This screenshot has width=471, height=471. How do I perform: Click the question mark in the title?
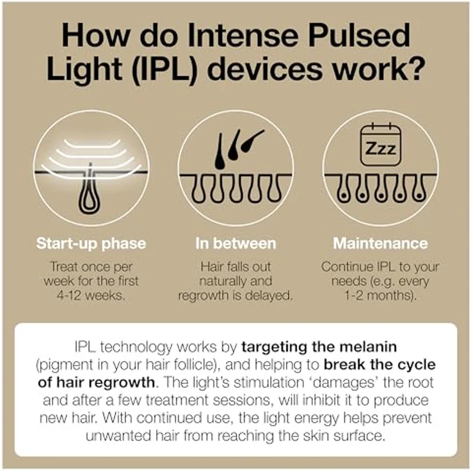point(415,68)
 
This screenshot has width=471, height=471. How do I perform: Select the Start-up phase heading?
point(91,244)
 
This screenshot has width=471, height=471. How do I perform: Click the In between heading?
point(235,243)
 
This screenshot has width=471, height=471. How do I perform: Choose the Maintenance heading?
point(380,243)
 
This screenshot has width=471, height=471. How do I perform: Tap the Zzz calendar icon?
point(381,145)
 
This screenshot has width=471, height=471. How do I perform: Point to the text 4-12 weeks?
point(91,296)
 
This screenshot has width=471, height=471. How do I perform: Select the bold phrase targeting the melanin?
point(319,347)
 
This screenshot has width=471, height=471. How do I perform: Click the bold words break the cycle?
point(379,365)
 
